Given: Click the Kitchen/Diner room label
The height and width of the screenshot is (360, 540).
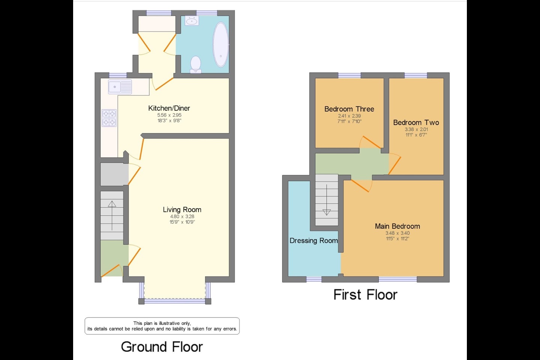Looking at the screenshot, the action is tap(169, 108).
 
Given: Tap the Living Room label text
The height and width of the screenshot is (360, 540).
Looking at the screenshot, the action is tap(182, 210).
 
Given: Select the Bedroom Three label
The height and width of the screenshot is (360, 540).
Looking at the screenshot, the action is tap(349, 109).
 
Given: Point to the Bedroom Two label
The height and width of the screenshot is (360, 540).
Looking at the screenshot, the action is tap(416, 123).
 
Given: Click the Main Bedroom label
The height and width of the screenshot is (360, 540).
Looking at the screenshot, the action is tap(397, 226).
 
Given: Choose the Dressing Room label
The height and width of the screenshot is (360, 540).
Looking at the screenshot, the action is tap(313, 240).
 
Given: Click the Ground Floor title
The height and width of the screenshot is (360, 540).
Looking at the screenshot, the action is tap(162, 347).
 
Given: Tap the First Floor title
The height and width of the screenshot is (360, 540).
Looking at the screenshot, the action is tap(365, 294).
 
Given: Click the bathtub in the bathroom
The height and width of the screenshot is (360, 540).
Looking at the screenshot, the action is tap(220, 45).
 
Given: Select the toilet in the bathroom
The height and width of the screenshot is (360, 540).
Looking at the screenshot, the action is tap(196, 64).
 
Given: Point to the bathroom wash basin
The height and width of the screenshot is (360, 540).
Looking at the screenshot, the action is tap(192, 21).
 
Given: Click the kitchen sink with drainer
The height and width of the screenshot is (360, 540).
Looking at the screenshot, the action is tap(120, 87).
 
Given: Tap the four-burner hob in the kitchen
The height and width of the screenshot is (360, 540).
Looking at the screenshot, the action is tap(109, 118).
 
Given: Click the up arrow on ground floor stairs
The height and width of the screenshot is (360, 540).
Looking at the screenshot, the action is tap(112, 215).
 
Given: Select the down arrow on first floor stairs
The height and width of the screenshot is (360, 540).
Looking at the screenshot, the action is tap(326, 200).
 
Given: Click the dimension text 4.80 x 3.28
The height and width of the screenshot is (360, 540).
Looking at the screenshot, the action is tap(182, 216).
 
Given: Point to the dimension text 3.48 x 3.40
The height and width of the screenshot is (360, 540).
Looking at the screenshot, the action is tap(397, 233).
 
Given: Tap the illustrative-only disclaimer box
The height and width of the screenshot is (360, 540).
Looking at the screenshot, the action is tap(162, 326).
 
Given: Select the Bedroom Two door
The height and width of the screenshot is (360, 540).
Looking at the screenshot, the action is tap(394, 164).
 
